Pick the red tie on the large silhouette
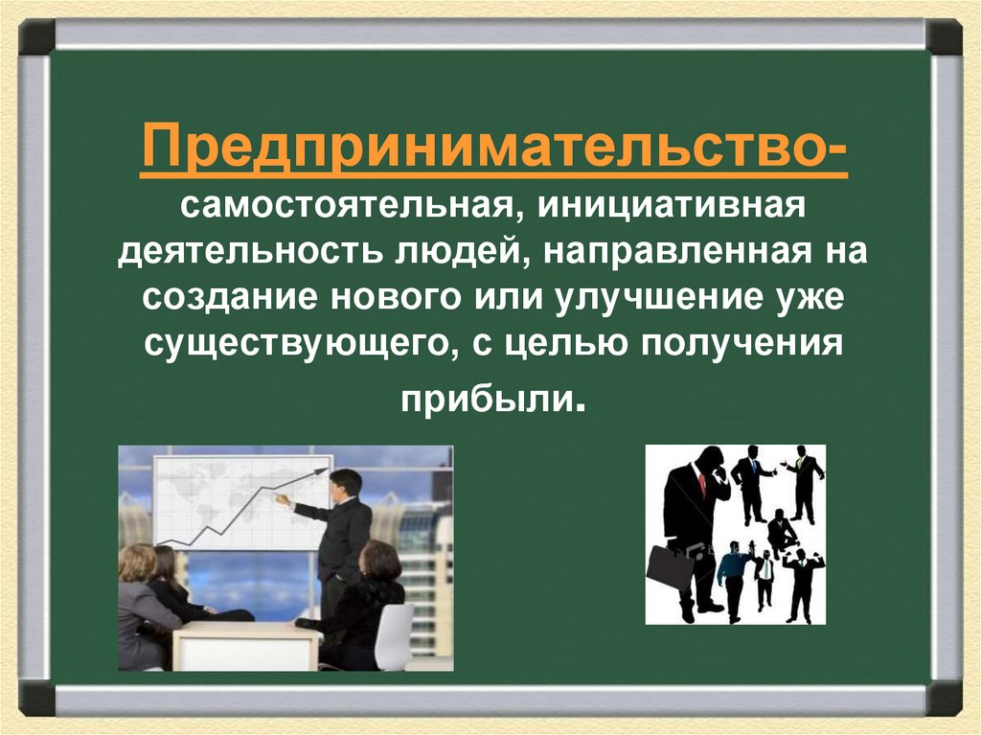702,484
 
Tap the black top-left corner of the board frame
36,37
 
